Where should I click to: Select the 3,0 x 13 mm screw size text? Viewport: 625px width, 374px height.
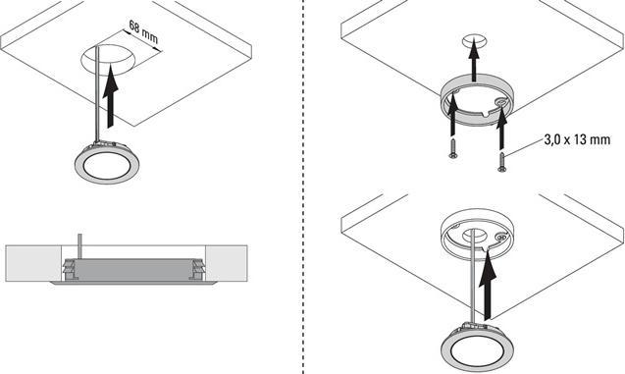pyautogui.click(x=577, y=140)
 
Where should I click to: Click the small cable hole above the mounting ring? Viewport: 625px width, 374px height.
pyautogui.click(x=473, y=40)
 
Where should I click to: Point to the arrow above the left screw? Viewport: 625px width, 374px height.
pyautogui.click(x=453, y=118)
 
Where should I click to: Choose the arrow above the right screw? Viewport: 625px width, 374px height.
pyautogui.click(x=501, y=125)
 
